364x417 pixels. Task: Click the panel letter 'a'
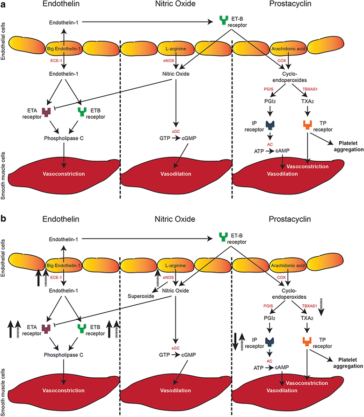click(4, 8)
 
